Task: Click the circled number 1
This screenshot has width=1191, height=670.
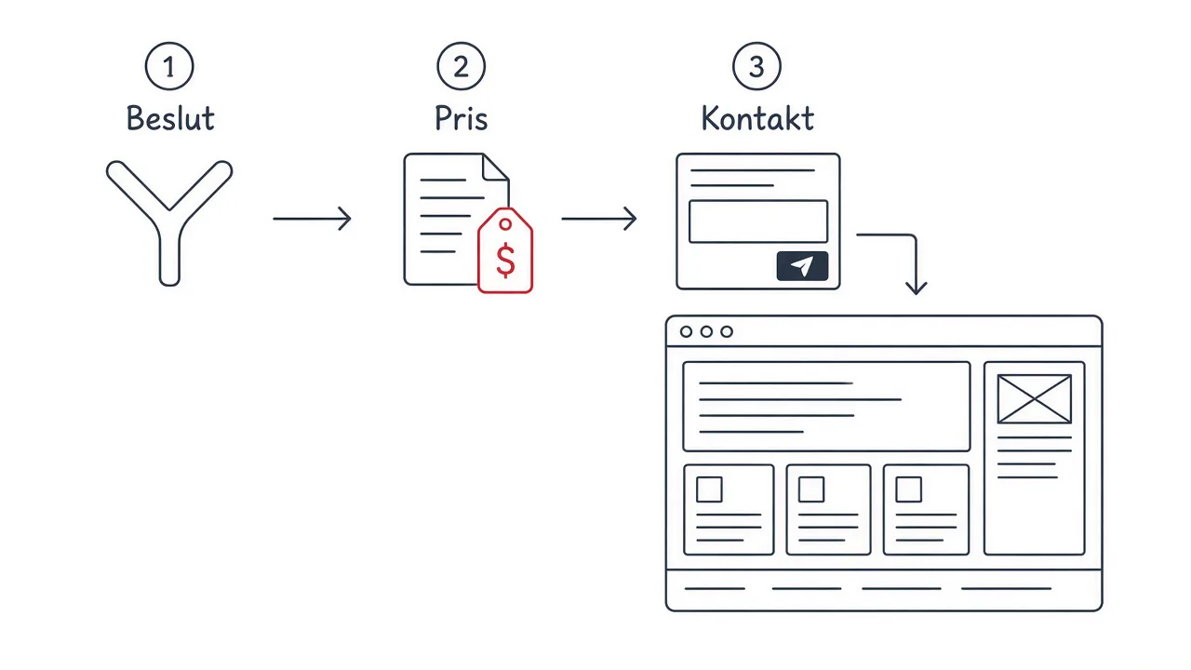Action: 169,66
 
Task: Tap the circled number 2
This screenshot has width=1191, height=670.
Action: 461,66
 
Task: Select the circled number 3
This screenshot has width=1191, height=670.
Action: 756,66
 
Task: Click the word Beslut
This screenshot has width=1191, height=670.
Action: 170,117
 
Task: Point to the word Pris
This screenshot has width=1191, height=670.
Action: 461,118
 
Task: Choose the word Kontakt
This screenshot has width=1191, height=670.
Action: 757,117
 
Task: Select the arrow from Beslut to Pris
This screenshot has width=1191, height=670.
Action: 312,219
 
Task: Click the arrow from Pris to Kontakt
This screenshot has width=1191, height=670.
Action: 599,219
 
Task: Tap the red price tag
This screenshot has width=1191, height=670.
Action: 505,250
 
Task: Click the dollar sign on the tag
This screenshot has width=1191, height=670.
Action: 505,261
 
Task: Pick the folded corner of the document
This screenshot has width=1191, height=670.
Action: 494,167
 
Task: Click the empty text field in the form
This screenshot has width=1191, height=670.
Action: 758,221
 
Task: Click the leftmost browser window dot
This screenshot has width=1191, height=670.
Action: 686,332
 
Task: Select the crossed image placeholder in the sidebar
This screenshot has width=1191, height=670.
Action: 1034,399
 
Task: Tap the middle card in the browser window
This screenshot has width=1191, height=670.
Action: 828,510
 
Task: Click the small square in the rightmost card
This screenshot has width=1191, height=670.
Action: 909,489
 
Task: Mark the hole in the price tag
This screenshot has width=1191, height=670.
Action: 505,224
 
